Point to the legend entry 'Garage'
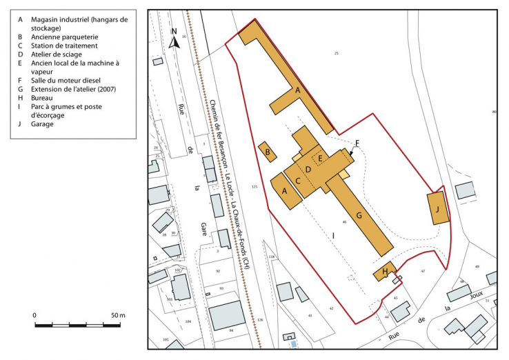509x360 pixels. pyautogui.click(x=43, y=124)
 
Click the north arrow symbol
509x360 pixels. pyautogui.click(x=175, y=39)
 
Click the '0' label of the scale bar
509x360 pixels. pyautogui.click(x=35, y=315)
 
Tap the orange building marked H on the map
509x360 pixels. pyautogui.click(x=385, y=271)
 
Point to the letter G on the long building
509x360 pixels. pyautogui.click(x=359, y=215)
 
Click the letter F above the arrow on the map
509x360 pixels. pyautogui.click(x=357, y=143)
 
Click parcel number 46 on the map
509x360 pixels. pyautogui.click(x=343, y=221)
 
